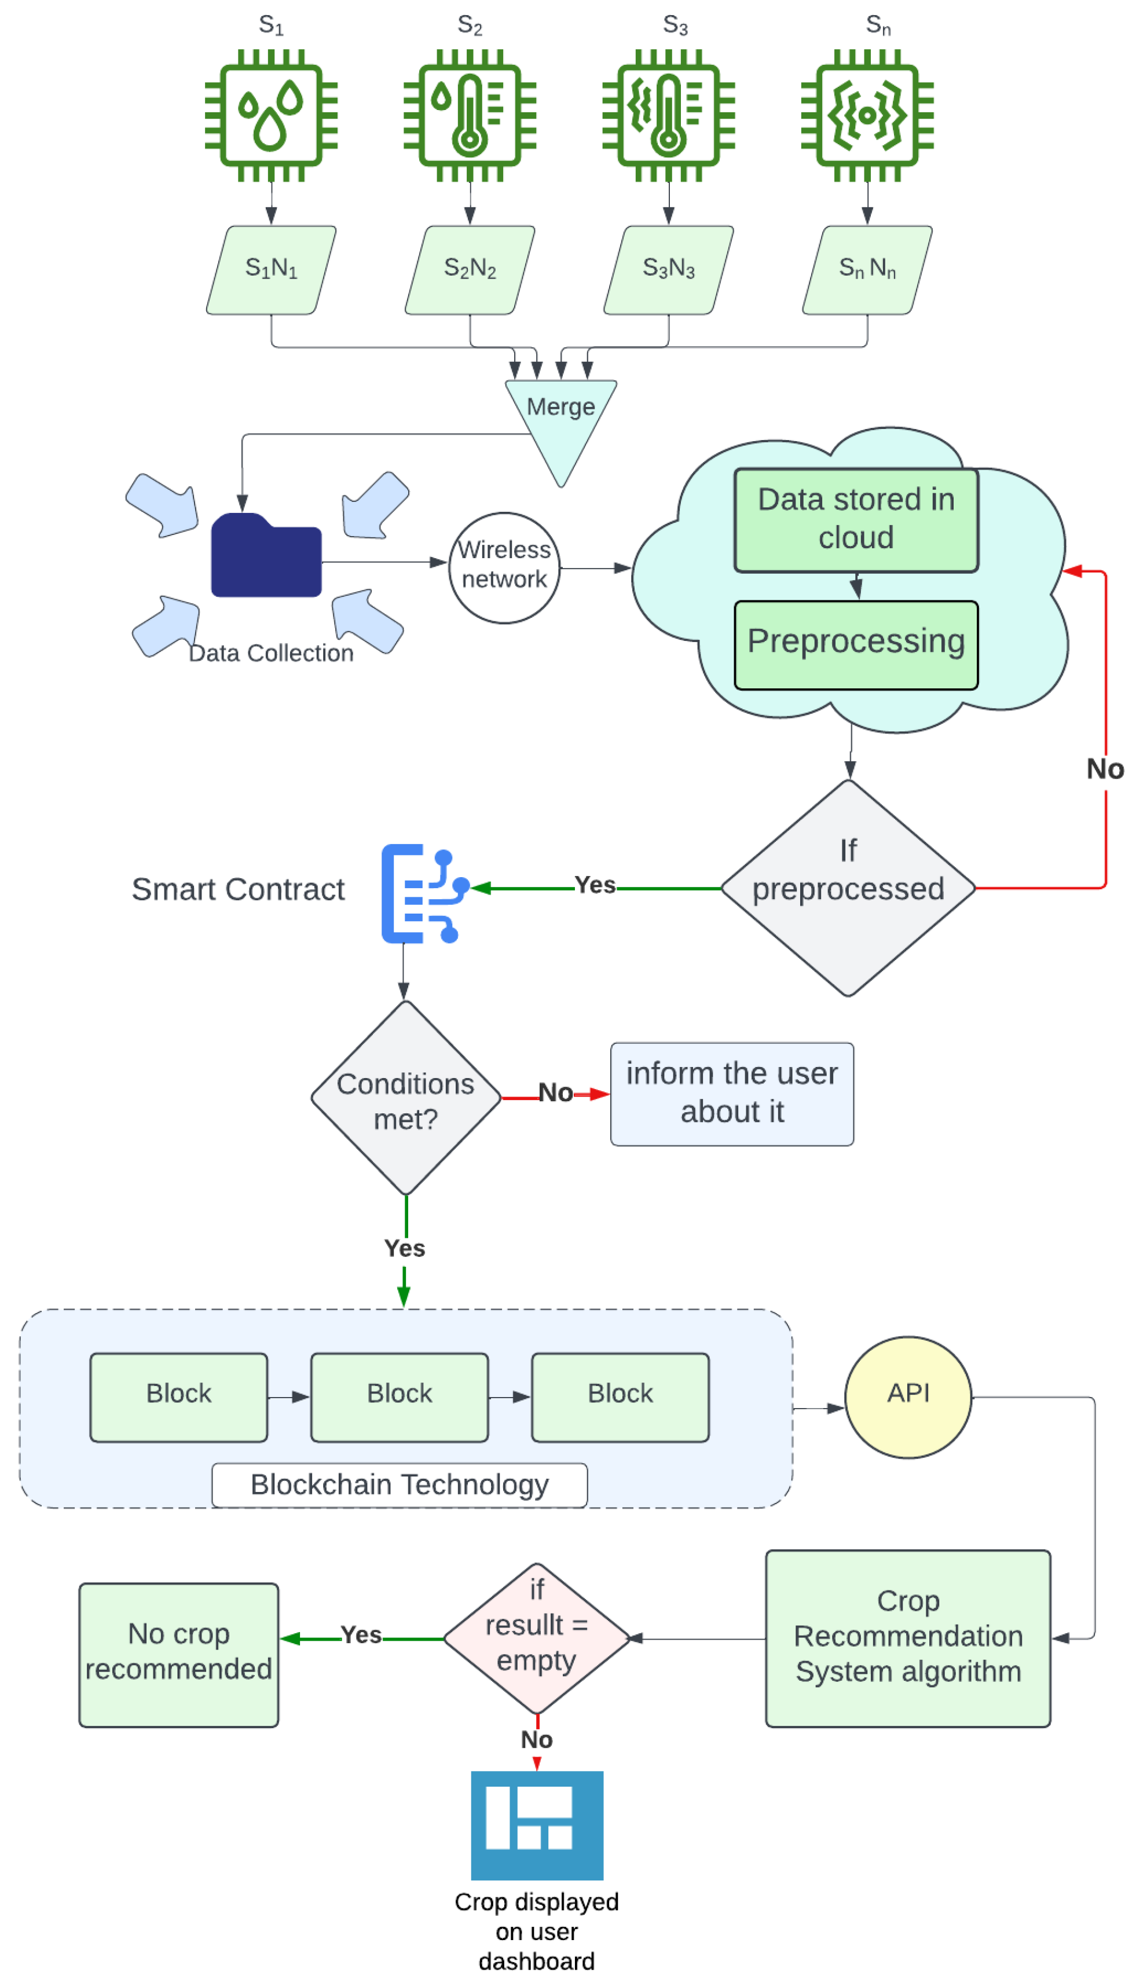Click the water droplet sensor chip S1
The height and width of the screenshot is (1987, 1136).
point(271,115)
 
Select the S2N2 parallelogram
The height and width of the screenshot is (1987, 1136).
point(470,270)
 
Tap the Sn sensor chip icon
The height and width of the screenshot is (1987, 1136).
point(867,115)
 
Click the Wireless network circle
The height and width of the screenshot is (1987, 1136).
point(504,567)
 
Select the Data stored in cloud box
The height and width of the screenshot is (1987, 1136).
point(856,519)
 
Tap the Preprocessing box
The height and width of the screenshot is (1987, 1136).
point(856,644)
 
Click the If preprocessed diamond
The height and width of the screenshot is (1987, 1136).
point(848,888)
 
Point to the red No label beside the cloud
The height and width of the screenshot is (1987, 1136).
point(1105,769)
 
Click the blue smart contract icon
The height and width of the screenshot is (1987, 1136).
point(424,893)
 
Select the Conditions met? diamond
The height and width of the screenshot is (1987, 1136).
point(406,1098)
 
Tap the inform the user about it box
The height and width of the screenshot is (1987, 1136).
point(732,1094)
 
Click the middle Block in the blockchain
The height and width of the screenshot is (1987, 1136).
point(400,1397)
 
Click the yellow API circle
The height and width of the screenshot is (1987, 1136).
point(908,1397)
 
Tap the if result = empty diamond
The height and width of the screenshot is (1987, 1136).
point(537,1638)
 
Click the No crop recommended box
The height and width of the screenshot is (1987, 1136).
point(179,1654)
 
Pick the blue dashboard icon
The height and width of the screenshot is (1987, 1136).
point(537,1825)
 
